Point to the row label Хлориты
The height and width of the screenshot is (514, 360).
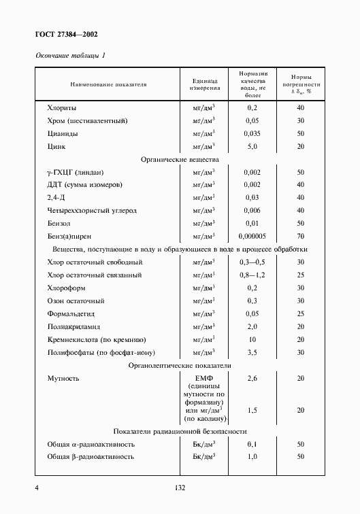pos(61,107)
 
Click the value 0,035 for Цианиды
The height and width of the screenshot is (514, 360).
pos(252,133)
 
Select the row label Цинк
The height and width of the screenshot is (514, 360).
pos(56,146)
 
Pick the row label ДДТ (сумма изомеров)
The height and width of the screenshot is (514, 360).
pos(84,184)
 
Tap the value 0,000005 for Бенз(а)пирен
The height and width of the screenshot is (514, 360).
pos(252,236)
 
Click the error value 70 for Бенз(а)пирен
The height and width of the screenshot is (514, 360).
pos(300,236)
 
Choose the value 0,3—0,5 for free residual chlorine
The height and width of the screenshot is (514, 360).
pos(252,262)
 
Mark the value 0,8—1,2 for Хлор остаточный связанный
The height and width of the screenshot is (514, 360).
pos(252,275)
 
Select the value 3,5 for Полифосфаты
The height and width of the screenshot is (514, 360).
pos(252,352)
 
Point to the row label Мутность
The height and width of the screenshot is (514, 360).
pos(63,378)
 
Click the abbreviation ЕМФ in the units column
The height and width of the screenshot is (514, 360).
pos(205,378)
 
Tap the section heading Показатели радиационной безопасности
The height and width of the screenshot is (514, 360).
pos(180,432)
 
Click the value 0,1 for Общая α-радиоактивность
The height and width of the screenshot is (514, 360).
pos(252,444)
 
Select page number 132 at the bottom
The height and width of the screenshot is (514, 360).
pos(180,487)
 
